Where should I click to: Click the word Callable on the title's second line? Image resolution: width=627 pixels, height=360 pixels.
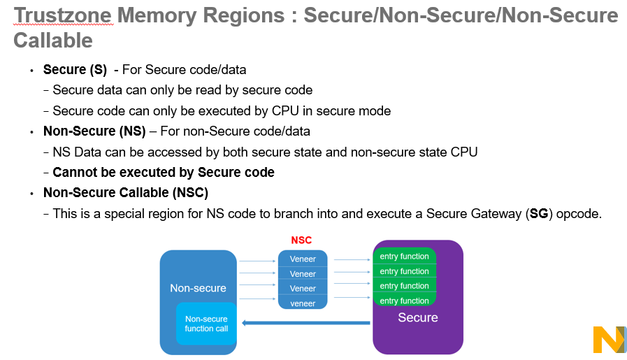click(53, 41)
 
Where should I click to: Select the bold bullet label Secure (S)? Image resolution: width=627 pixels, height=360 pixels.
click(75, 70)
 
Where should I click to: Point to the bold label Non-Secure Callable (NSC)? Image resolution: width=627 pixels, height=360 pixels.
click(126, 192)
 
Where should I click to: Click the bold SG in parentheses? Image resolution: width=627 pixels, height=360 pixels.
click(539, 214)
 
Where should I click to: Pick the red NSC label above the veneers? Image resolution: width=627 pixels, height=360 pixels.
click(301, 240)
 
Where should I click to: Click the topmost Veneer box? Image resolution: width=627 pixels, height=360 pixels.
click(303, 259)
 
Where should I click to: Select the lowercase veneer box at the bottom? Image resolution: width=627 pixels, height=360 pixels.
click(303, 303)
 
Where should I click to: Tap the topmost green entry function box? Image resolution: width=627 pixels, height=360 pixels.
click(404, 257)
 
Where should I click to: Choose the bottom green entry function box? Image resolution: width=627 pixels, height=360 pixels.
click(404, 301)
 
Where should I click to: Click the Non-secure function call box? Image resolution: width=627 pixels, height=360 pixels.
click(206, 324)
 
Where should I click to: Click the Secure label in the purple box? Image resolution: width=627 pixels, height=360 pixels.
click(417, 318)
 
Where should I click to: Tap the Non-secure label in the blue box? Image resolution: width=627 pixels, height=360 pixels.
click(198, 288)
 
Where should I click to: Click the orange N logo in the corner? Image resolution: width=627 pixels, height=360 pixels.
click(608, 339)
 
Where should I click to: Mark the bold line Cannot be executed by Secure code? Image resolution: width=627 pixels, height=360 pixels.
click(164, 172)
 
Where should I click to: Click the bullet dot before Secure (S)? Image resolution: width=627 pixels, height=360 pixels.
click(31, 71)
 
